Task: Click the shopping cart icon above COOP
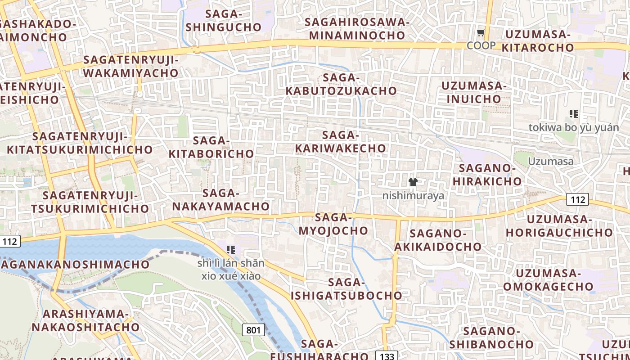click(481, 33)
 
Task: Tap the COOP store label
click(481, 45)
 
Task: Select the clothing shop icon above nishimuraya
click(413, 182)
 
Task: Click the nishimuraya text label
click(413, 196)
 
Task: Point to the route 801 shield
click(253, 330)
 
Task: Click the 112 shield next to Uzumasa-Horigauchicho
click(576, 199)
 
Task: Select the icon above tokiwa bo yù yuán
click(573, 114)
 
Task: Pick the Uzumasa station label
click(550, 162)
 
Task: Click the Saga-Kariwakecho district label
click(341, 142)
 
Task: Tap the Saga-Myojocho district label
click(333, 224)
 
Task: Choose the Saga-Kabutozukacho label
click(341, 84)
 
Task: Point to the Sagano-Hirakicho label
click(487, 175)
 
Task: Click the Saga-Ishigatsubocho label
click(346, 289)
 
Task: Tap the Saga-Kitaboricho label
click(211, 147)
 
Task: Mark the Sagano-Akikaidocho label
click(438, 240)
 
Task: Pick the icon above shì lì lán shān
click(231, 249)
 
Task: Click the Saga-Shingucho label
click(224, 20)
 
